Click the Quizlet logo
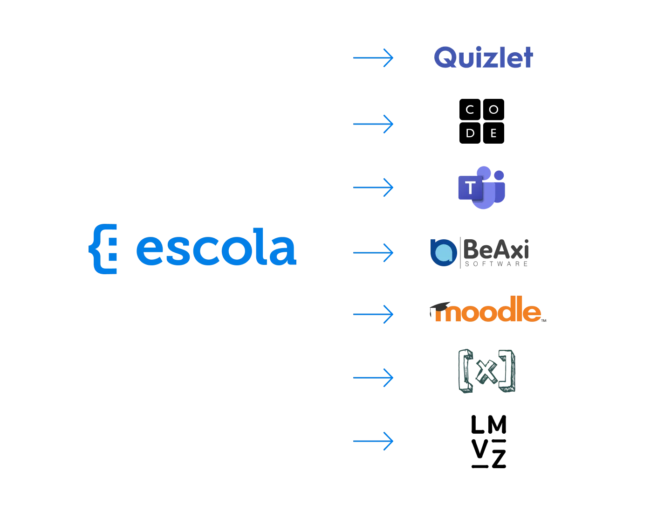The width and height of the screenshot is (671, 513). pos(483,57)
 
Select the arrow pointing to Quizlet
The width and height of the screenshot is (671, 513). pos(373,57)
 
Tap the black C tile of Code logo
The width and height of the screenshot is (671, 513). pos(470,109)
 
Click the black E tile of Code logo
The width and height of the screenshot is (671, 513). pos(493,133)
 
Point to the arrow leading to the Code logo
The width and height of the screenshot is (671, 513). pos(373,124)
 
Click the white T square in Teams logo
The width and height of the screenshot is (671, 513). pos(470,187)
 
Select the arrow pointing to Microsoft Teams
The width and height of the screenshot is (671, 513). pos(373,187)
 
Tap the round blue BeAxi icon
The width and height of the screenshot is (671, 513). pos(444,253)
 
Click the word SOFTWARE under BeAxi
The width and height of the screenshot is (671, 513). pos(496,264)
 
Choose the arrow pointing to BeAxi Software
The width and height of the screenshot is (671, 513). pos(373,253)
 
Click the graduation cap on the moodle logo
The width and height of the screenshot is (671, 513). pos(439,307)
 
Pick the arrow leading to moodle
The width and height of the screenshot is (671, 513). pos(373,314)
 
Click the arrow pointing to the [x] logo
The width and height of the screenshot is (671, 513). pos(373,378)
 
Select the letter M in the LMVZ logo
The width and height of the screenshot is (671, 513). pos(497,424)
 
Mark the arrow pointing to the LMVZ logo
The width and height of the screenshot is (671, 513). pos(373,441)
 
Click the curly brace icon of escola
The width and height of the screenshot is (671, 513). pos(103,249)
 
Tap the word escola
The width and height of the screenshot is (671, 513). pos(216,247)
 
